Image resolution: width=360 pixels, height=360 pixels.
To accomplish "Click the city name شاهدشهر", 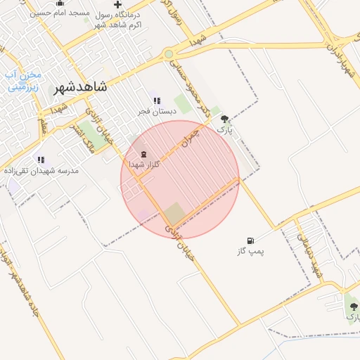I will [x=80, y=88].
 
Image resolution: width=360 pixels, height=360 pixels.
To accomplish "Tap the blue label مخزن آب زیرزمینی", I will [x=24, y=81].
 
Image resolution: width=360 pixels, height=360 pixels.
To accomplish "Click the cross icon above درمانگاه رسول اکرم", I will [x=117, y=5].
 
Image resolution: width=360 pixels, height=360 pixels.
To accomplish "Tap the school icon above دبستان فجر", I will [x=156, y=101].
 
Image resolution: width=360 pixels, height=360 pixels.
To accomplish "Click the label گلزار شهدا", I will [x=146, y=164].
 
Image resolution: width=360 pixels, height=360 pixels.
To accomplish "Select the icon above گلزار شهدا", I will [x=144, y=153].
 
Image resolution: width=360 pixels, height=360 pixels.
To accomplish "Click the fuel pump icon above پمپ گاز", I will [x=251, y=240].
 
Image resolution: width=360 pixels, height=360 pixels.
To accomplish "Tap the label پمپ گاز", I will [x=251, y=250].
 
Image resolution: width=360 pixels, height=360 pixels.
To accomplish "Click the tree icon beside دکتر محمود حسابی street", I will [x=224, y=120].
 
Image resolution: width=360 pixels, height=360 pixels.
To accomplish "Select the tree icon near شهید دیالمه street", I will [x=353, y=307].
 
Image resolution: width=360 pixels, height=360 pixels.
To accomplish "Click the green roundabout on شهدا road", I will [x=168, y=54].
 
